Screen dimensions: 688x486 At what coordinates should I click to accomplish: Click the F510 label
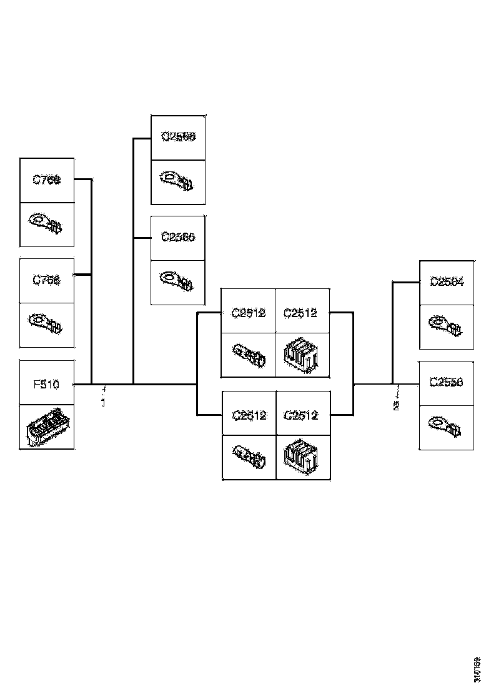point(46,383)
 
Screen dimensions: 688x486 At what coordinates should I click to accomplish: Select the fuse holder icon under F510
point(46,427)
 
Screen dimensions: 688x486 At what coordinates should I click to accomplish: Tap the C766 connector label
point(46,280)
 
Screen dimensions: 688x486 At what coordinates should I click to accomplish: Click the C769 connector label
point(46,180)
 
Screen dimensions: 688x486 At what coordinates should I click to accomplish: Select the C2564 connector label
point(447,282)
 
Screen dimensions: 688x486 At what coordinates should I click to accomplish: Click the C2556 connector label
point(447,383)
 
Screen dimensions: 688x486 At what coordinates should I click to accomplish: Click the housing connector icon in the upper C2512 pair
point(302,355)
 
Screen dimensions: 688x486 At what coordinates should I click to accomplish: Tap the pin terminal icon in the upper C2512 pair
point(249,355)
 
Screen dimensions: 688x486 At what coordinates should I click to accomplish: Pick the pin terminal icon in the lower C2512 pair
point(249,457)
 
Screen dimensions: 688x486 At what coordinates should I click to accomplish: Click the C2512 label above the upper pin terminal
point(249,313)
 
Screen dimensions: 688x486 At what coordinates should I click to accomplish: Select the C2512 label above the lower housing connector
point(302,415)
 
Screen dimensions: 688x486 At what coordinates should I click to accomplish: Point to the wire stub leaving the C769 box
point(83,180)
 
